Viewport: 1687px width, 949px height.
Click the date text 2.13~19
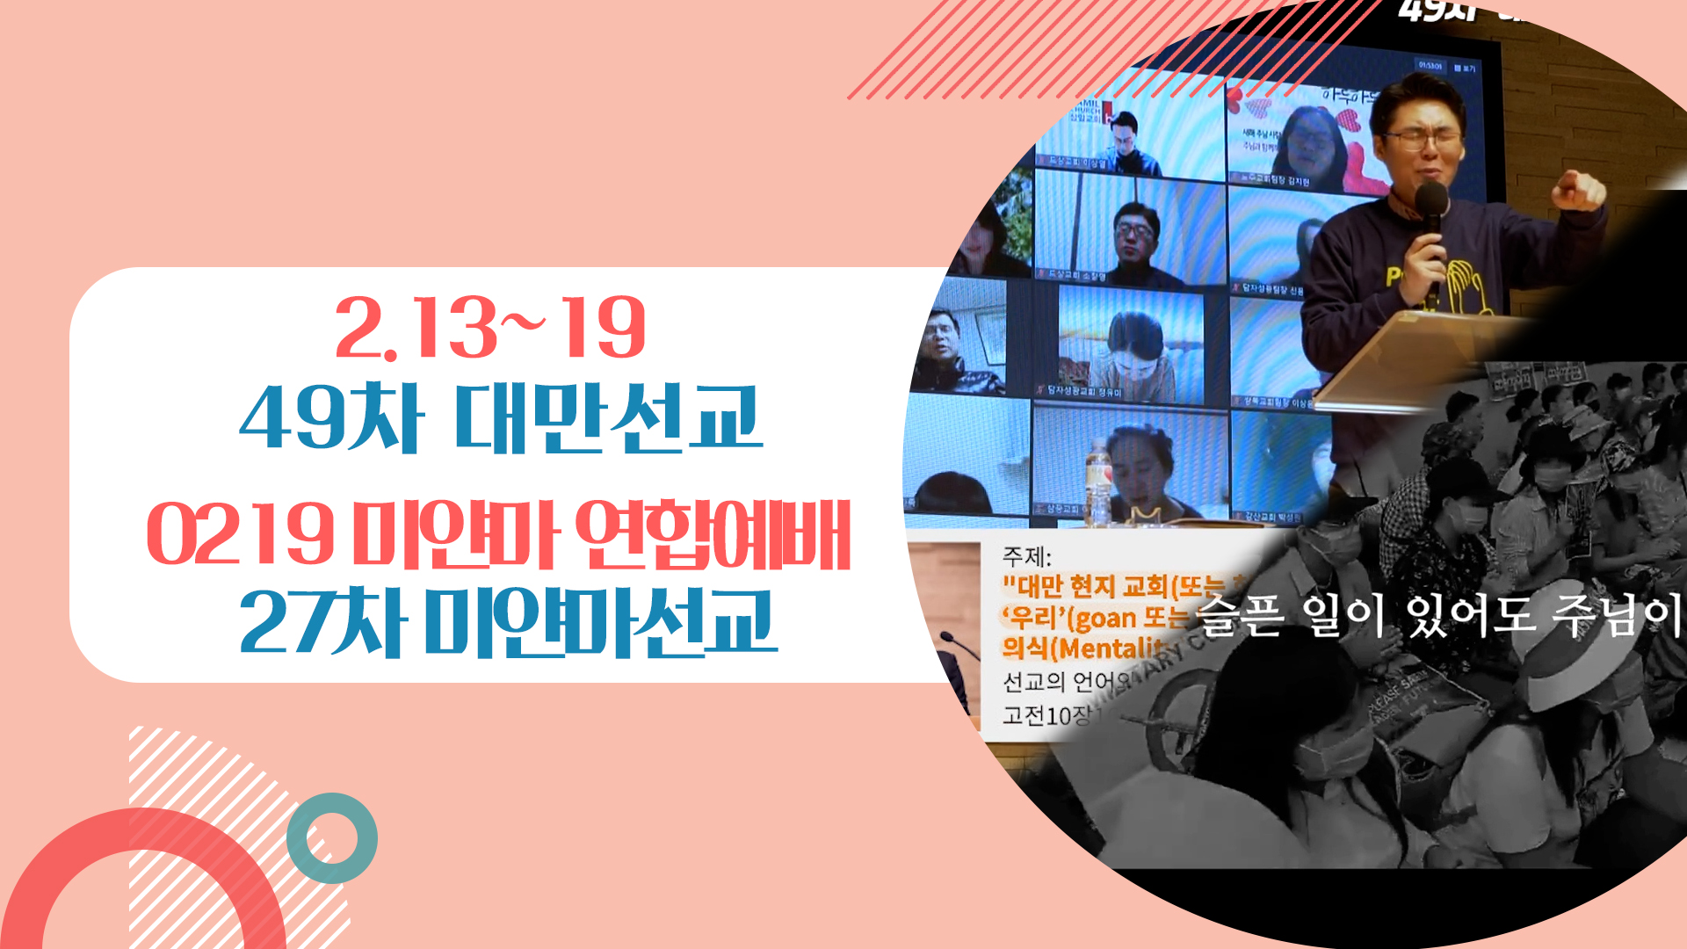coord(490,328)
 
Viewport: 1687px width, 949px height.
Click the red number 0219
coord(240,534)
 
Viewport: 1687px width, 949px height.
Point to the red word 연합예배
coord(713,534)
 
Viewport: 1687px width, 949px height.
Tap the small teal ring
coord(332,837)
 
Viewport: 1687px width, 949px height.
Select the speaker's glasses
coord(1422,138)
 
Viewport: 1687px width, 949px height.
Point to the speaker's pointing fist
coord(1579,189)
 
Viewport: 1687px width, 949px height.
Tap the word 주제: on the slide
coord(1026,556)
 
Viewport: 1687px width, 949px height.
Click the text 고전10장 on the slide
coord(1046,715)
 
